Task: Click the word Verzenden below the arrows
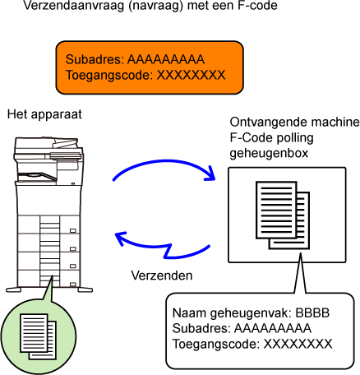point(162,275)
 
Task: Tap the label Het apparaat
point(44,114)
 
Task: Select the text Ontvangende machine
point(294,123)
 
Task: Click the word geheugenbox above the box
point(269,154)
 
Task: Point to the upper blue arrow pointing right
point(164,162)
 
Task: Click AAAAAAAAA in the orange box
point(166,59)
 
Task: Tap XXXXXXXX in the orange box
point(191,75)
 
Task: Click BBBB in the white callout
point(312,312)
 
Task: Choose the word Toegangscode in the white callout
point(216,344)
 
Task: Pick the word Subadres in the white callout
point(201,328)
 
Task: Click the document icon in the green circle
point(39,336)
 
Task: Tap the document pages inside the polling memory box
point(283,215)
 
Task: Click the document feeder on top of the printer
point(47,146)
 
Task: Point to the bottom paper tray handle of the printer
point(73,285)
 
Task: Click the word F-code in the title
point(257,5)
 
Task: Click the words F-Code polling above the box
point(271,138)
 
